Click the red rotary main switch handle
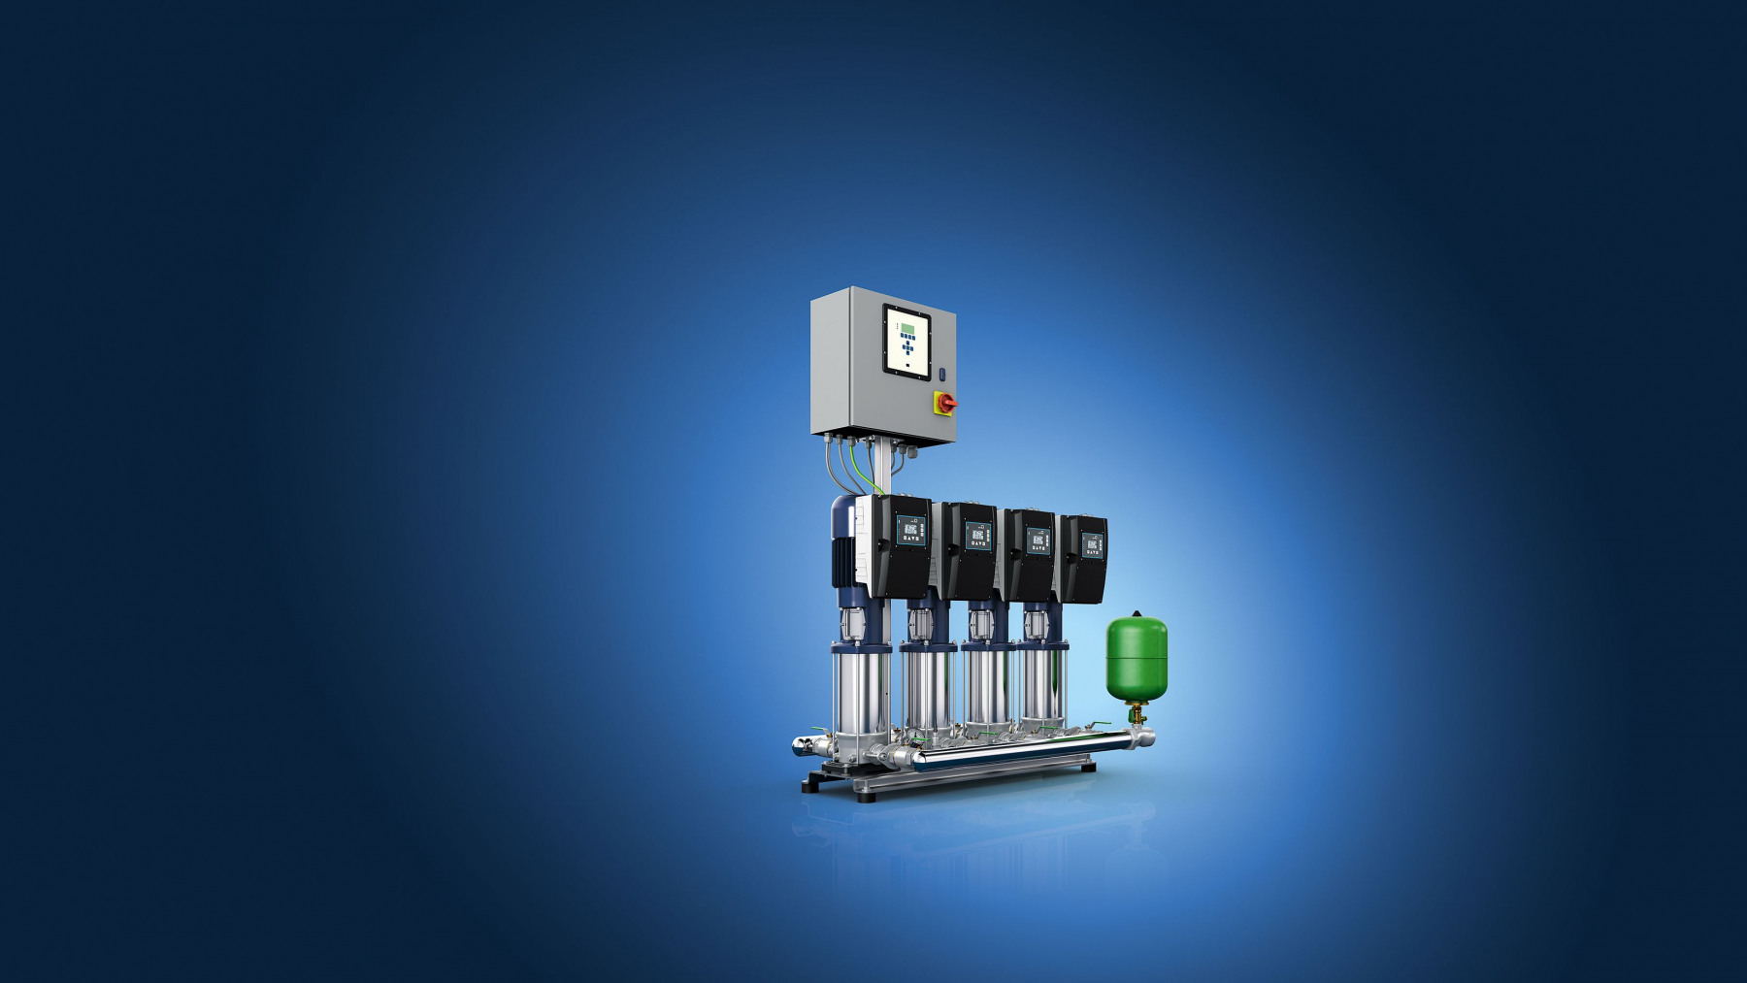coord(946,403)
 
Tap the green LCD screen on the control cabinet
coord(906,327)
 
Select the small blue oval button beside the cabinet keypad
coord(941,374)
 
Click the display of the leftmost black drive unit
coord(910,532)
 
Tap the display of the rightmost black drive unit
coord(1091,545)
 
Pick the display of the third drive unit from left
coord(1038,541)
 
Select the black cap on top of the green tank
coord(1137,613)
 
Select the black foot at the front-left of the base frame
coord(864,797)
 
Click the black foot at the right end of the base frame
coord(1088,768)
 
